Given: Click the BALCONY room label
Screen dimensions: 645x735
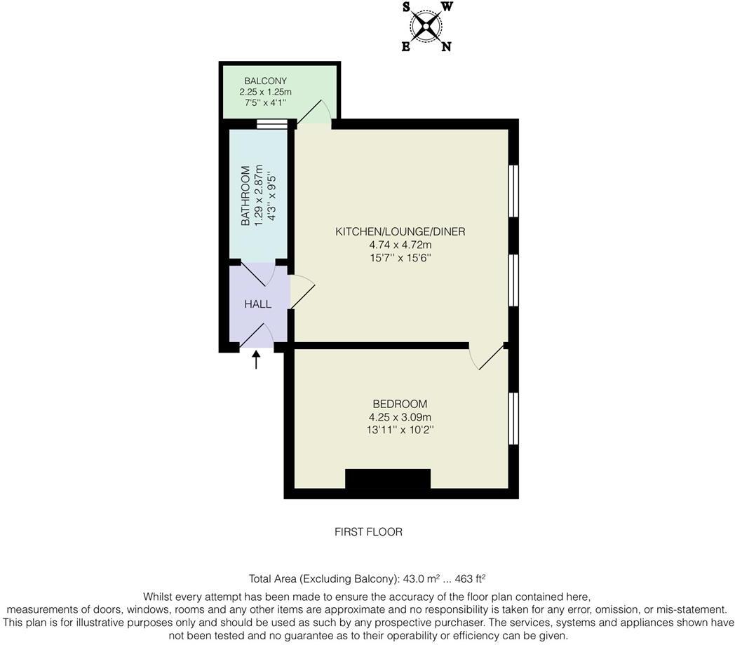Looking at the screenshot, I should [x=265, y=81].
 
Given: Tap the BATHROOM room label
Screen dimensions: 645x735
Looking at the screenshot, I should [x=245, y=196].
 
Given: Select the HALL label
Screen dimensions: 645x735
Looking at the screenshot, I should [x=257, y=304].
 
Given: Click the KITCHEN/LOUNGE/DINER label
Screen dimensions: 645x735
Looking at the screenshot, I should [x=400, y=231].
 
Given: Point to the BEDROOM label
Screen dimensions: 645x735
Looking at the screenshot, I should [x=400, y=404].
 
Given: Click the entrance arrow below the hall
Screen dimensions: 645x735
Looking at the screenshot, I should [x=256, y=360].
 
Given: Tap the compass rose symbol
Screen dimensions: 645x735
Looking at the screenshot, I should [x=426, y=27].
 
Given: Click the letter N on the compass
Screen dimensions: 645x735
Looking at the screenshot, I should [x=446, y=47].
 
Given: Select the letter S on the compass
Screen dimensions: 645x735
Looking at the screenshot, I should [x=406, y=8].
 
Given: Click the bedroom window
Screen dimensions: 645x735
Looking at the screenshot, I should [x=513, y=419].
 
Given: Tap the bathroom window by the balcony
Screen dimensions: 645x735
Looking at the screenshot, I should [x=271, y=125].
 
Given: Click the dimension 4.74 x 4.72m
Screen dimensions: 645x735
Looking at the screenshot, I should [x=400, y=245].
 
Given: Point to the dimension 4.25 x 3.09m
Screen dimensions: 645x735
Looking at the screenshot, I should [x=400, y=417].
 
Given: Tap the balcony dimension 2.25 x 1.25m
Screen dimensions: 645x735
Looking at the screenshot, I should [x=265, y=92].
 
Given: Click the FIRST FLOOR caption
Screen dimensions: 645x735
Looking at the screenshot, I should [x=368, y=532].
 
